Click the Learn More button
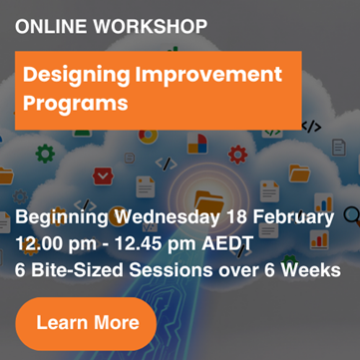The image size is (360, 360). point(86,323)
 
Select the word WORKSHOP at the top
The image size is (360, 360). point(151,27)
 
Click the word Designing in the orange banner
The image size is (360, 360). point(76,76)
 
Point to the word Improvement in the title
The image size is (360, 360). point(208,74)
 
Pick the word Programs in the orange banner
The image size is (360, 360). point(76,103)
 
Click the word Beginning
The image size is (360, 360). point(62,218)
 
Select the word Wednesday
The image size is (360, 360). point(167,217)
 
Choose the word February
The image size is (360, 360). point(293,218)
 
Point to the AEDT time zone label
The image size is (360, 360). point(227,244)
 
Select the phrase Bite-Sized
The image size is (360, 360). point(77,270)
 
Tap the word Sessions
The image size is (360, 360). point(171,270)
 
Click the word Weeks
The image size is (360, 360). point(311,270)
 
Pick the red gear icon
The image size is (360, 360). point(237,155)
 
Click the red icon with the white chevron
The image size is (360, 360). point(103,177)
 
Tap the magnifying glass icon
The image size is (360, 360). point(352,216)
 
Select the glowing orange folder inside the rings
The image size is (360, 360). point(208,200)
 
